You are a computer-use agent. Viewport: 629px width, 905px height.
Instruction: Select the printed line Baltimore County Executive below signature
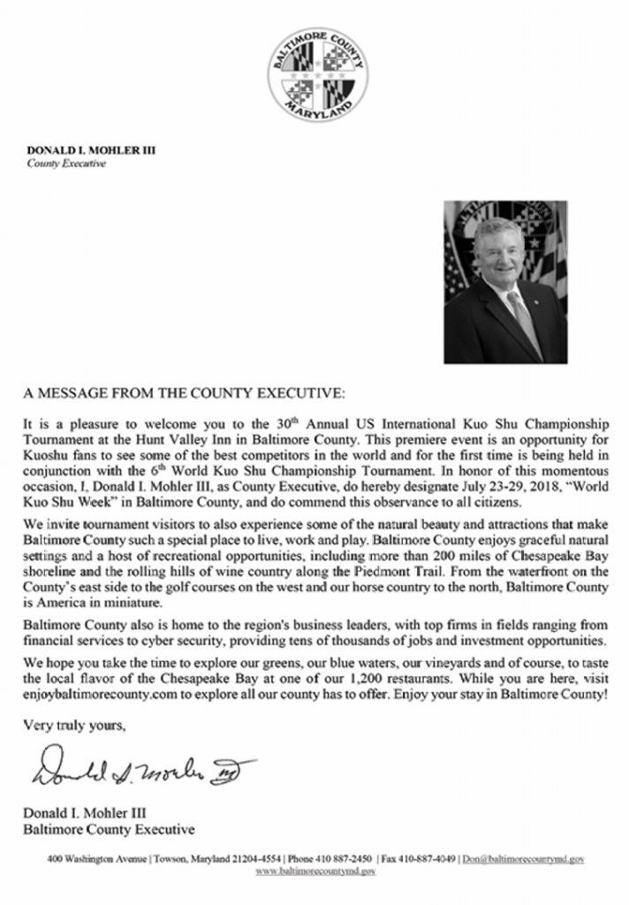[107, 829]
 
